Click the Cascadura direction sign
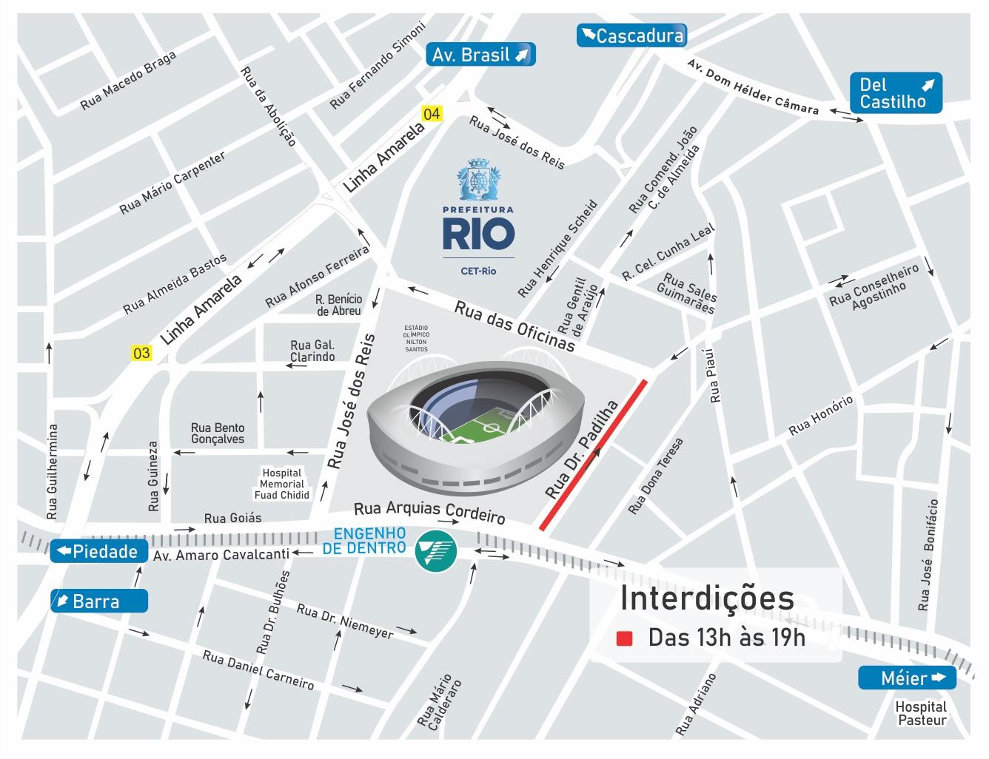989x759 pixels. tap(631, 36)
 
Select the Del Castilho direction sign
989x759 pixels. tap(897, 92)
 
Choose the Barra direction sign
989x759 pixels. tap(98, 601)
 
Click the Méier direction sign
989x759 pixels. tap(907, 678)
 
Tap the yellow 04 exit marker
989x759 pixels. tap(431, 114)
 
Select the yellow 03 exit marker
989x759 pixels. tap(141, 353)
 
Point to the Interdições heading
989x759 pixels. tap(707, 598)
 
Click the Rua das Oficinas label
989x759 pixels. tap(514, 326)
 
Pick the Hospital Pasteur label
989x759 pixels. tap(921, 713)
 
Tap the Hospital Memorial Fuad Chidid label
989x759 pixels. tap(281, 484)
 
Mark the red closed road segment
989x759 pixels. tap(594, 454)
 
